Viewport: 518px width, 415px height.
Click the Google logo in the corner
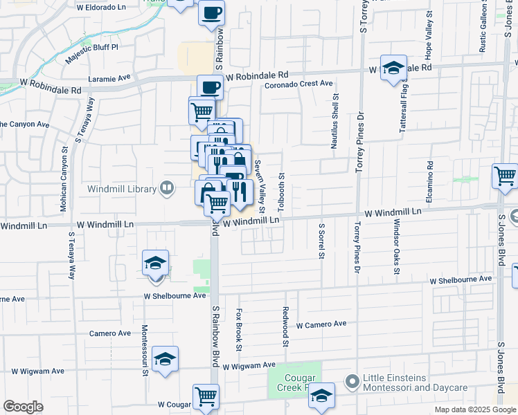[23, 406]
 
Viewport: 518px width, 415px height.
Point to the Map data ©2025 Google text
[475, 409]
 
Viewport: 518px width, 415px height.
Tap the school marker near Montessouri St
[165, 359]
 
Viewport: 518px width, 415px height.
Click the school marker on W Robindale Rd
[393, 68]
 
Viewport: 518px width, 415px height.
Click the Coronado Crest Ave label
[299, 84]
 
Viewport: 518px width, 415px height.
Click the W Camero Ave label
[321, 324]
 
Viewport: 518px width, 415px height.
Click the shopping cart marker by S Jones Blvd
[505, 176]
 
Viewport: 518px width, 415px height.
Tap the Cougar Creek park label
[294, 383]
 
